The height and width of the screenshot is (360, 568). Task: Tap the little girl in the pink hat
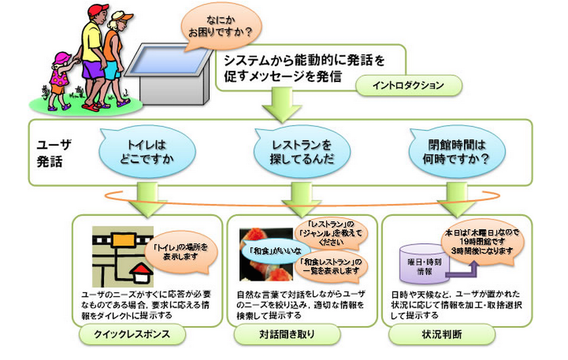point(59,79)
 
